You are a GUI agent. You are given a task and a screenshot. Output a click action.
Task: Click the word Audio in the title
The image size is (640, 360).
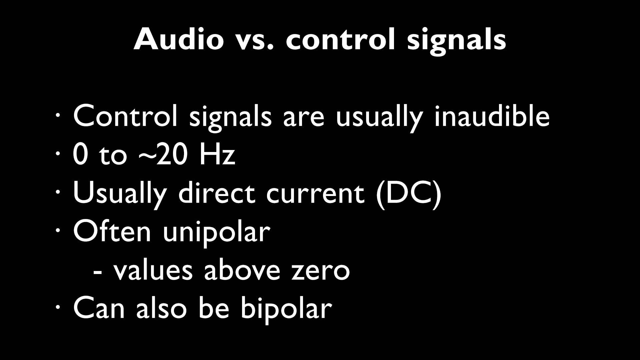pos(178,39)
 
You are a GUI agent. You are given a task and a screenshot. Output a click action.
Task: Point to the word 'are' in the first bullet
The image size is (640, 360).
pos(303,119)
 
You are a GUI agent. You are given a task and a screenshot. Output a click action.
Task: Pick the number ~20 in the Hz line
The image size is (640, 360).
pos(162,155)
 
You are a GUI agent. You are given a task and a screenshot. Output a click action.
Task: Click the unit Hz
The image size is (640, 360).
pos(217,155)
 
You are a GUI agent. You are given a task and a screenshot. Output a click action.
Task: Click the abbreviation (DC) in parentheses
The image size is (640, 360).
pos(409,193)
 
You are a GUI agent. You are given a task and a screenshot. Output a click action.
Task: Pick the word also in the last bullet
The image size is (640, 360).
pos(161,307)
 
